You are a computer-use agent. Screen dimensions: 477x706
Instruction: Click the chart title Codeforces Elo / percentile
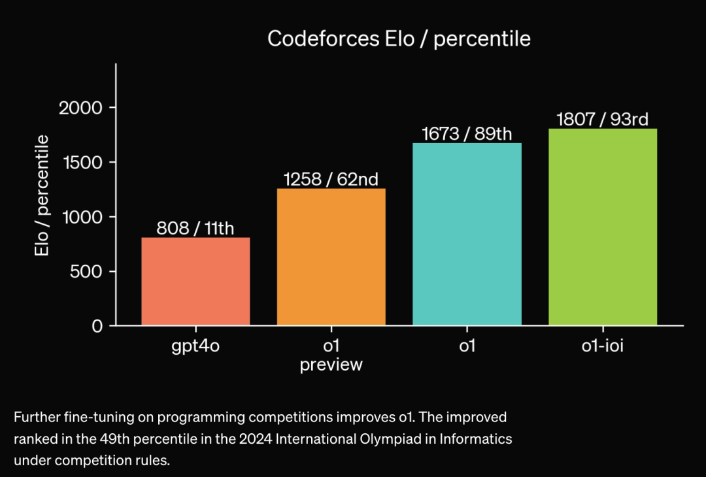click(x=399, y=39)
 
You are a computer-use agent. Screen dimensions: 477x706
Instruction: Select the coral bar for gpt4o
click(x=195, y=281)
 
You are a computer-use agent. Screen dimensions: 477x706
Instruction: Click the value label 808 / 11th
click(x=195, y=229)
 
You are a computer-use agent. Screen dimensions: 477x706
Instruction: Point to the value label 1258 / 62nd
click(x=331, y=179)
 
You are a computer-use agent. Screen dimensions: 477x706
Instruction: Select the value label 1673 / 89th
click(x=467, y=134)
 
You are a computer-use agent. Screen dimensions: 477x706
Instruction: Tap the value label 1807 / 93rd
click(x=602, y=120)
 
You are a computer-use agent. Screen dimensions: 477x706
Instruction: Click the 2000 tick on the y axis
click(x=80, y=108)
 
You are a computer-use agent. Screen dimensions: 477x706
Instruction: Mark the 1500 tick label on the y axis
click(x=80, y=162)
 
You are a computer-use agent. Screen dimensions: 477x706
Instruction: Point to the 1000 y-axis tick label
click(x=80, y=217)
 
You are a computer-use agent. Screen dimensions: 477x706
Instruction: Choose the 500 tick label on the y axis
click(x=86, y=271)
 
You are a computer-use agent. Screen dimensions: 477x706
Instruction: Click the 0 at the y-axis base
click(x=97, y=326)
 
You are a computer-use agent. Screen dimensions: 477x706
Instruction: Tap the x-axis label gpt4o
click(x=195, y=346)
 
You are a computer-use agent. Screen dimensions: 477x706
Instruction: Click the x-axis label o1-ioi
click(x=602, y=346)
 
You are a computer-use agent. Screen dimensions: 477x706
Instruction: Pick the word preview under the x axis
click(x=331, y=365)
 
